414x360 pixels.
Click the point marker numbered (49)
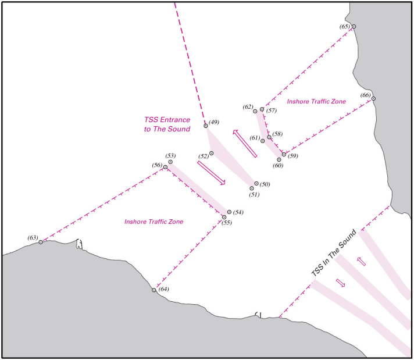pyautogui.click(x=206, y=126)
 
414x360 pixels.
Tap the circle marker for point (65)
pyautogui.click(x=354, y=27)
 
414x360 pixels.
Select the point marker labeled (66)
pyautogui.click(x=374, y=99)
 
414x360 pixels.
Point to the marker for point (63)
pyautogui.click(x=41, y=242)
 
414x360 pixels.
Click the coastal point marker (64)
pyautogui.click(x=154, y=290)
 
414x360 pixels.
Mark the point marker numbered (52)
pyautogui.click(x=212, y=154)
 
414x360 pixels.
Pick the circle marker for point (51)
pyautogui.click(x=252, y=188)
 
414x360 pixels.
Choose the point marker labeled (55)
pyautogui.click(x=224, y=218)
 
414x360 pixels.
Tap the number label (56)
pyautogui.click(x=157, y=165)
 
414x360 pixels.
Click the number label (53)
pyautogui.click(x=170, y=155)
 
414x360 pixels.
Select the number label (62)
pyautogui.click(x=248, y=107)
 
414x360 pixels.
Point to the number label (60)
pyautogui.click(x=277, y=166)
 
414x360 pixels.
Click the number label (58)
pyautogui.click(x=277, y=134)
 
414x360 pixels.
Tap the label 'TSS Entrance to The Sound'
pyautogui.click(x=167, y=124)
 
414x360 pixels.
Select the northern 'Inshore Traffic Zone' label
pyautogui.click(x=316, y=101)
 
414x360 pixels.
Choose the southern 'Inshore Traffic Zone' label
pyautogui.click(x=154, y=222)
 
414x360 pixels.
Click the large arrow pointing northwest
pyautogui.click(x=244, y=143)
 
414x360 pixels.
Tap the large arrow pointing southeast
pyautogui.click(x=211, y=173)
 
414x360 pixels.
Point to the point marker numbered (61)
pyautogui.click(x=263, y=141)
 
